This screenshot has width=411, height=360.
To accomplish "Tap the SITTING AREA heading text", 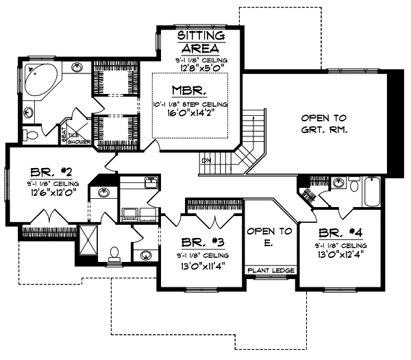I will pyautogui.click(x=200, y=42).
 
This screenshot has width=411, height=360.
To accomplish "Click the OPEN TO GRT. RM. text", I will pyautogui.click(x=324, y=123).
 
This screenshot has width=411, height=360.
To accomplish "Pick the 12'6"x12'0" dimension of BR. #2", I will pyautogui.click(x=51, y=193).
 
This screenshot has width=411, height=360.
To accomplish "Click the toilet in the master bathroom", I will pyautogui.click(x=29, y=134).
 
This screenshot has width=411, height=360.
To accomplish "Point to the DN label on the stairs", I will pyautogui.click(x=206, y=161).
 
